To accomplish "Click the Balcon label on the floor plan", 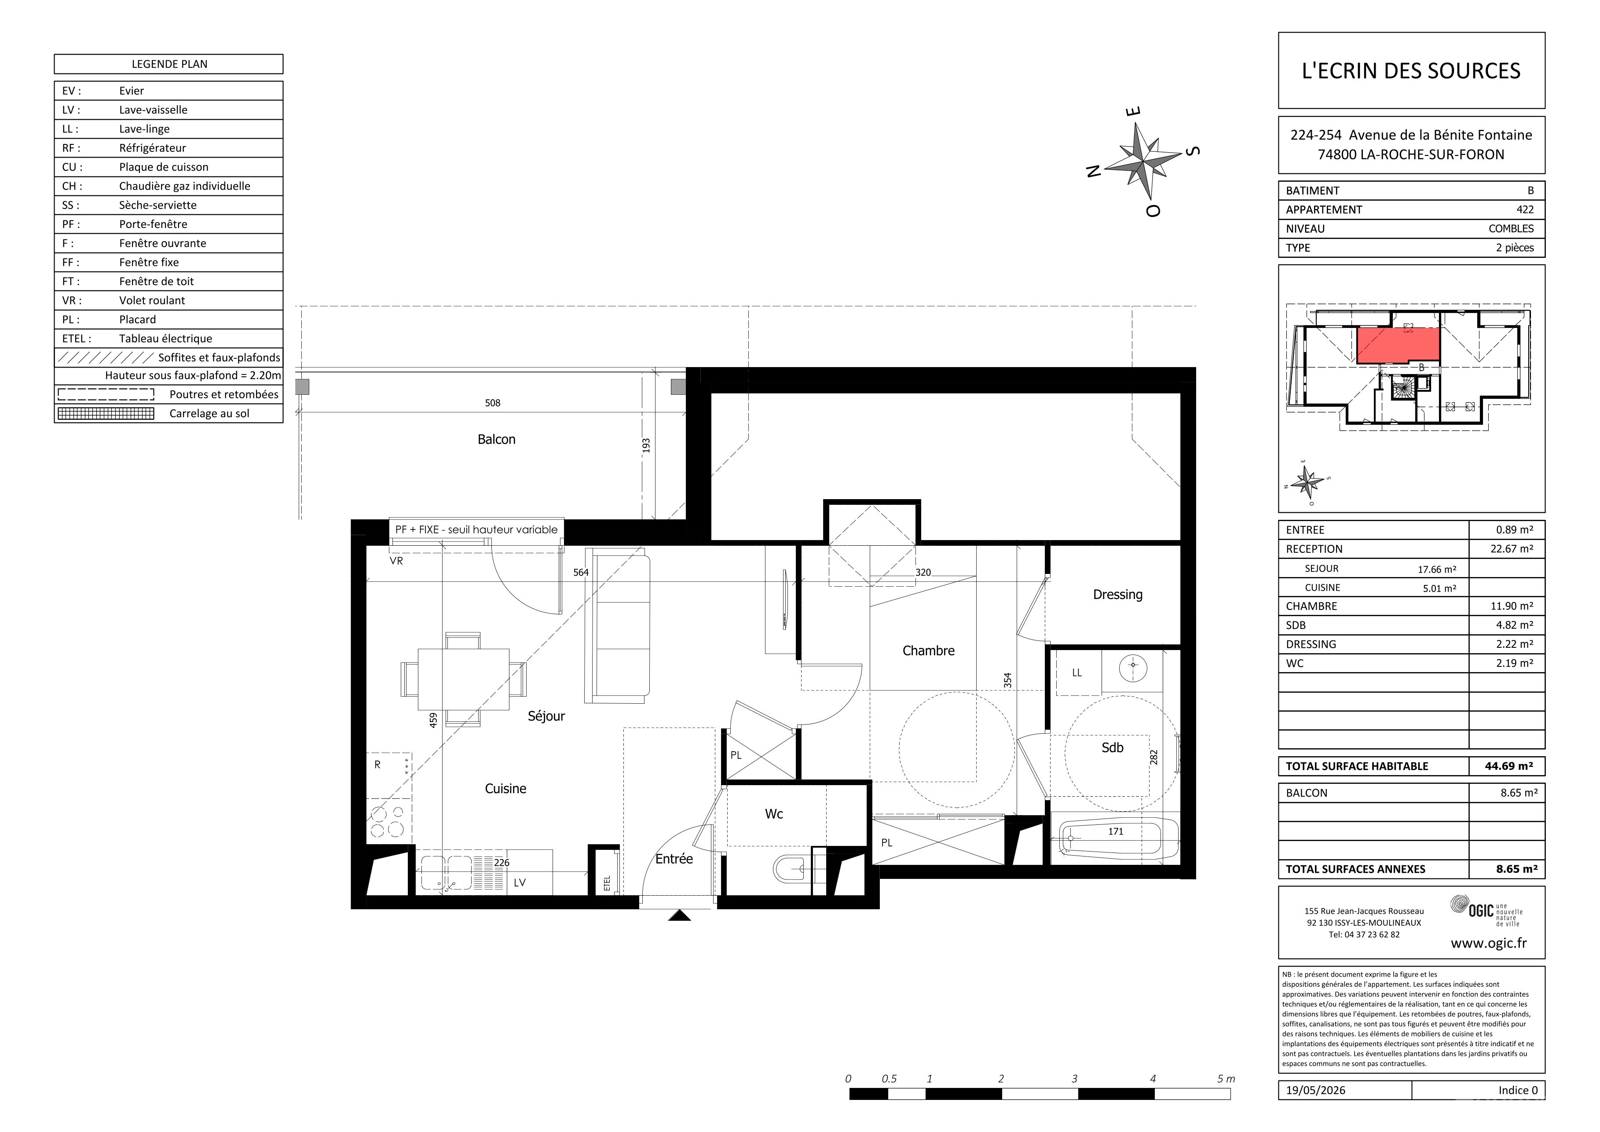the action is pyautogui.click(x=496, y=439).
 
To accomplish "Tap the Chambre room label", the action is pyautogui.click(x=928, y=651).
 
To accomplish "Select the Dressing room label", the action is pyautogui.click(x=1118, y=595).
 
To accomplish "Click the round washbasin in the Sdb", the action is pyautogui.click(x=1133, y=667).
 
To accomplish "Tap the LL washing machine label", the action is pyautogui.click(x=1076, y=673).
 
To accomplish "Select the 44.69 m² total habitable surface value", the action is pyautogui.click(x=1508, y=766).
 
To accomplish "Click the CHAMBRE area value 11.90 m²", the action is pyautogui.click(x=1512, y=606).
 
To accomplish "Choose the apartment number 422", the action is pyautogui.click(x=1525, y=209).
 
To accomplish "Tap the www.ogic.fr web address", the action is pyautogui.click(x=1489, y=943).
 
